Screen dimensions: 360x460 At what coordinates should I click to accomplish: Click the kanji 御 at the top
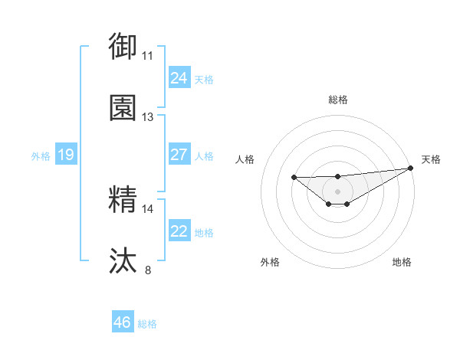(123, 46)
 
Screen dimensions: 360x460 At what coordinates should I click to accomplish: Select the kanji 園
(123, 107)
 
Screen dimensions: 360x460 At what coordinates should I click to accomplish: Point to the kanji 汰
(123, 260)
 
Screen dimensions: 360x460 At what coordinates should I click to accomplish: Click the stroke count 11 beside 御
(147, 56)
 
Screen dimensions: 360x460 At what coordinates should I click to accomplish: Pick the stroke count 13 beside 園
(147, 117)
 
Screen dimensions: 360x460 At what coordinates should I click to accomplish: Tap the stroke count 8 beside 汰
(147, 270)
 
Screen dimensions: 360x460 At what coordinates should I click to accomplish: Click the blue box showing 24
(179, 78)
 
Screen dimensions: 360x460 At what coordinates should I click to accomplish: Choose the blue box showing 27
(179, 155)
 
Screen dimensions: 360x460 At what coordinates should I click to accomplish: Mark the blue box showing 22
(179, 231)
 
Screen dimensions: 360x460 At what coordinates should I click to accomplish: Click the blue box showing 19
(65, 155)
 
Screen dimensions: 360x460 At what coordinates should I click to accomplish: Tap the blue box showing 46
(122, 322)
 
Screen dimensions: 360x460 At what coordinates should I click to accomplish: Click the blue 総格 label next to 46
(147, 324)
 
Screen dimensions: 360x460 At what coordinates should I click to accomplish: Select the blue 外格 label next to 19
(41, 156)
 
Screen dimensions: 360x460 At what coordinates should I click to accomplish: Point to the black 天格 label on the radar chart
(431, 159)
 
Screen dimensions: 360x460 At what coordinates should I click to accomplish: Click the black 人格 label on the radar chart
(245, 159)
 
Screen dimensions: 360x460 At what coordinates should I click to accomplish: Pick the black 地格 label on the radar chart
(402, 262)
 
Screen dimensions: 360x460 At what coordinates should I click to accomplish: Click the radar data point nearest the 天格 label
(411, 169)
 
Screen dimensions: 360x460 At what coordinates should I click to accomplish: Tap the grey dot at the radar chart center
(337, 191)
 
